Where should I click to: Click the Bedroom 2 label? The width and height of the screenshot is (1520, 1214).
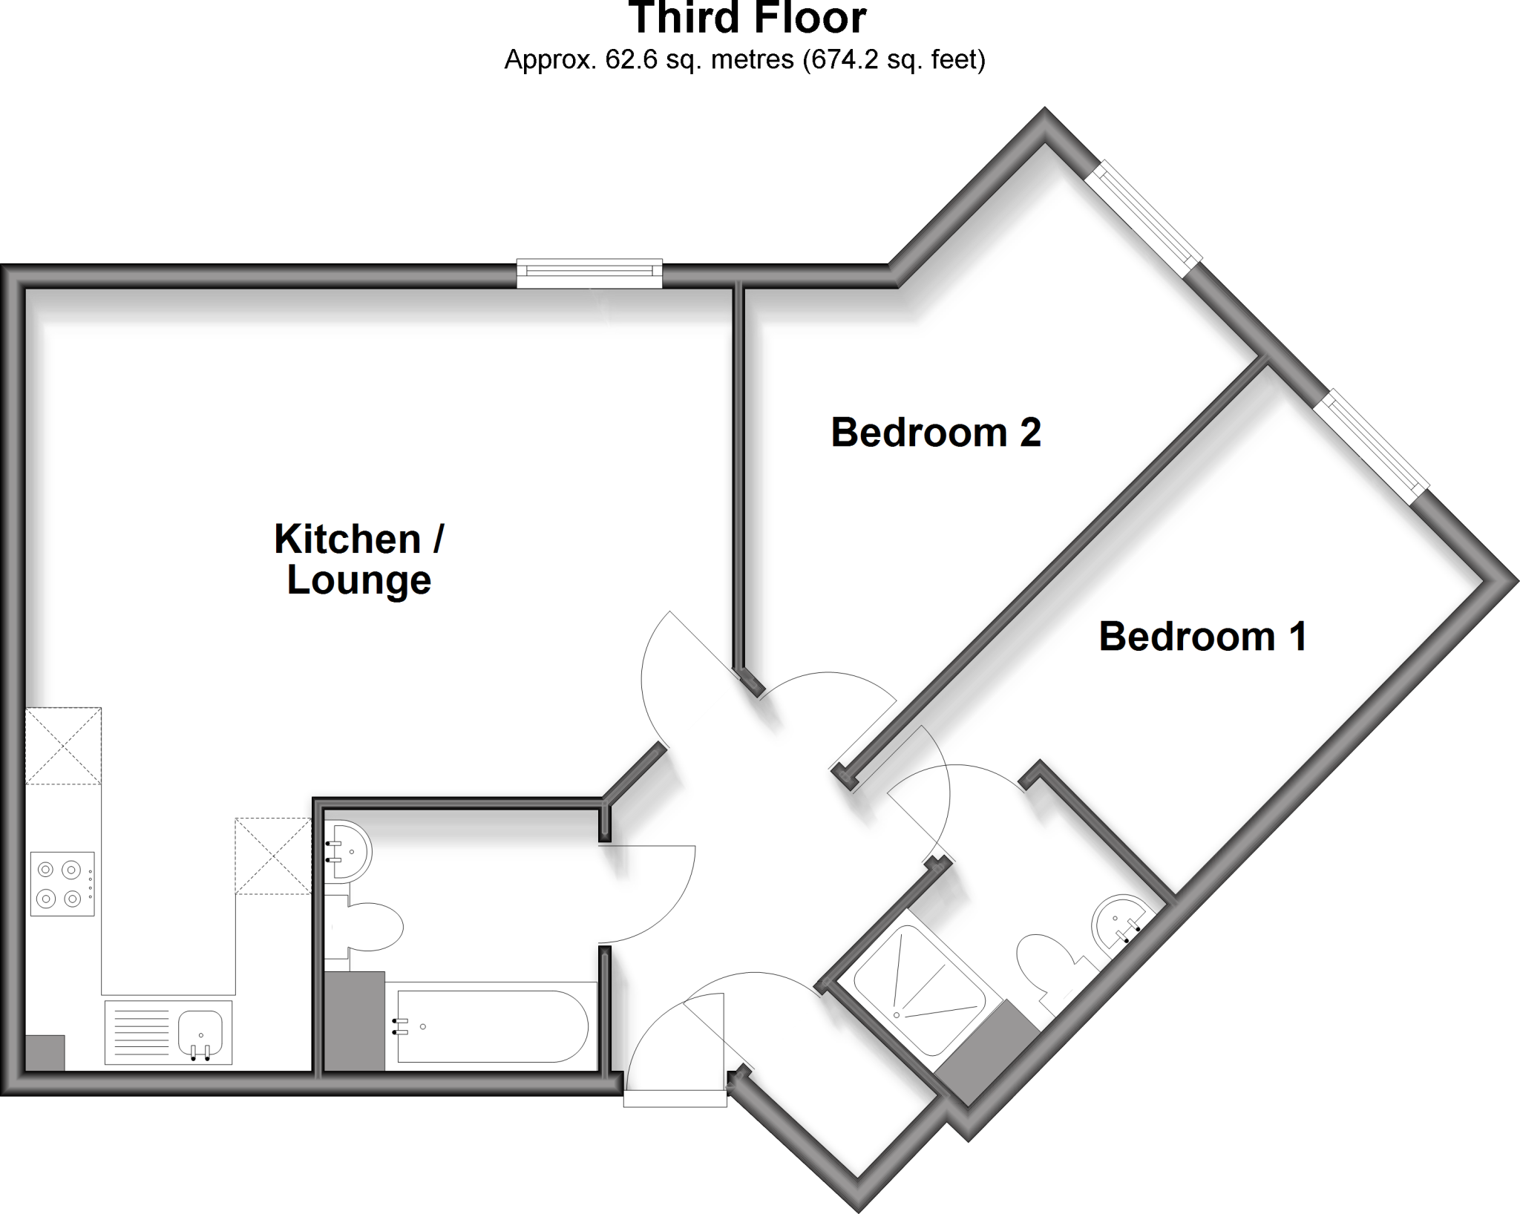pos(935,433)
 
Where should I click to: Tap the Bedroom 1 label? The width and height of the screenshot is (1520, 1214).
pos(1202,637)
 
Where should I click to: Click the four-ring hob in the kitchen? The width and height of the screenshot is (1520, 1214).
pos(62,883)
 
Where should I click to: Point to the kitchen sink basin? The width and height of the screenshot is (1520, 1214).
pos(200,1031)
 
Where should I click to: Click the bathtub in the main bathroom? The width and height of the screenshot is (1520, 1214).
pos(493,1026)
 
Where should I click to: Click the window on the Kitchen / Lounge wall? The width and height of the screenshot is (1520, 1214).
pos(589,273)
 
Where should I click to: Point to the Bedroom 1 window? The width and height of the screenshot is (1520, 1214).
pos(1375,444)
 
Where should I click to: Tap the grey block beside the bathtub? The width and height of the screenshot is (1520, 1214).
pos(355,1021)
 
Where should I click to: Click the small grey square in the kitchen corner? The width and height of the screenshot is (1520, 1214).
pos(45,1052)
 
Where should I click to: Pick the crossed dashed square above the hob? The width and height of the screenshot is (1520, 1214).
pos(63,746)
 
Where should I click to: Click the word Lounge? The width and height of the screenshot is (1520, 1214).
pos(359,580)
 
